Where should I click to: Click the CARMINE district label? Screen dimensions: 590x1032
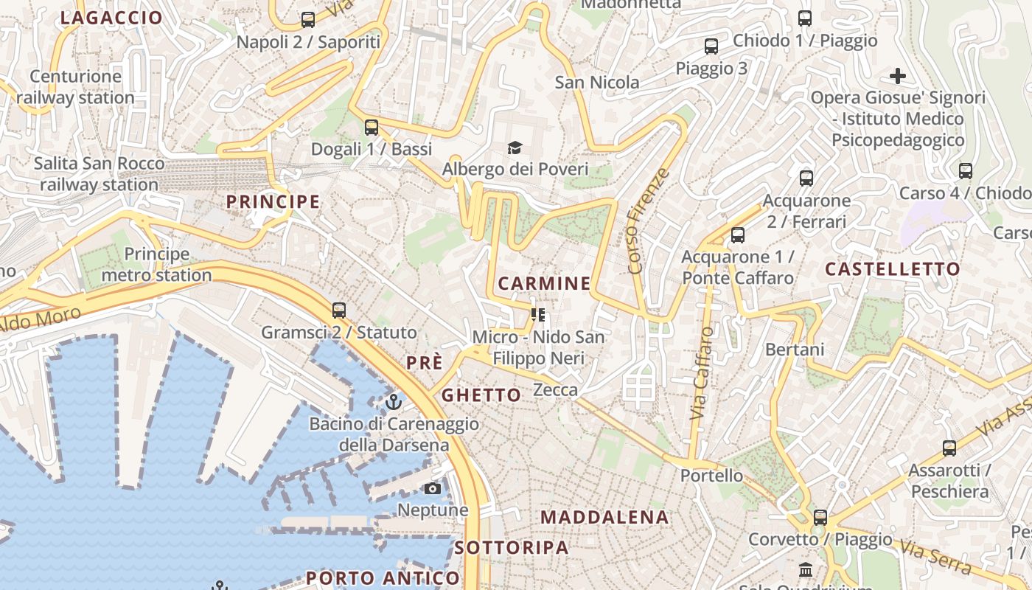pyautogui.click(x=544, y=283)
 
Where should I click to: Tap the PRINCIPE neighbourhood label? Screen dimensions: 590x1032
pyautogui.click(x=273, y=201)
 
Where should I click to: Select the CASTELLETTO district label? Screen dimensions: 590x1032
pyautogui.click(x=893, y=268)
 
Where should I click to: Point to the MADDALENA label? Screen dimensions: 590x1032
pyautogui.click(x=604, y=517)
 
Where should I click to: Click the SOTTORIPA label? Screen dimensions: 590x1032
pyautogui.click(x=512, y=547)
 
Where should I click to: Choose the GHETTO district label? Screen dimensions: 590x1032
pyautogui.click(x=481, y=395)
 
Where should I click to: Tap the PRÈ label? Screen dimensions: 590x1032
pyautogui.click(x=425, y=363)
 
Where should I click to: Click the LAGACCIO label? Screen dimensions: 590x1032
pyautogui.click(x=111, y=18)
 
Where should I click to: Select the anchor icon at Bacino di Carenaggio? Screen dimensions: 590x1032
pyautogui.click(x=394, y=402)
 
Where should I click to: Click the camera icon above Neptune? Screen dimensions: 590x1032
pyautogui.click(x=433, y=488)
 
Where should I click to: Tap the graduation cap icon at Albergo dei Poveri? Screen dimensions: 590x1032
pyautogui.click(x=514, y=148)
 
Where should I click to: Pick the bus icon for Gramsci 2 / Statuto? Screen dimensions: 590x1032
pyautogui.click(x=339, y=310)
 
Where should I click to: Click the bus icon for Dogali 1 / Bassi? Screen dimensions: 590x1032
pyautogui.click(x=372, y=128)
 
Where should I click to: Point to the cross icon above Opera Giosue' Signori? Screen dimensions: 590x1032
pyautogui.click(x=897, y=76)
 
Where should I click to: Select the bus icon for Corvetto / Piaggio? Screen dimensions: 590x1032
pyautogui.click(x=820, y=518)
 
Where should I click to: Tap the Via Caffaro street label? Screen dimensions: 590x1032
pyautogui.click(x=702, y=374)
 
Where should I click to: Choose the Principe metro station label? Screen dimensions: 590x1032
pyautogui.click(x=156, y=265)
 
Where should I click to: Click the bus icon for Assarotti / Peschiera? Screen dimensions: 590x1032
pyautogui.click(x=949, y=448)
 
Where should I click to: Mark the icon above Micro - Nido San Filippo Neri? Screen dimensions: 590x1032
pyautogui.click(x=538, y=316)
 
